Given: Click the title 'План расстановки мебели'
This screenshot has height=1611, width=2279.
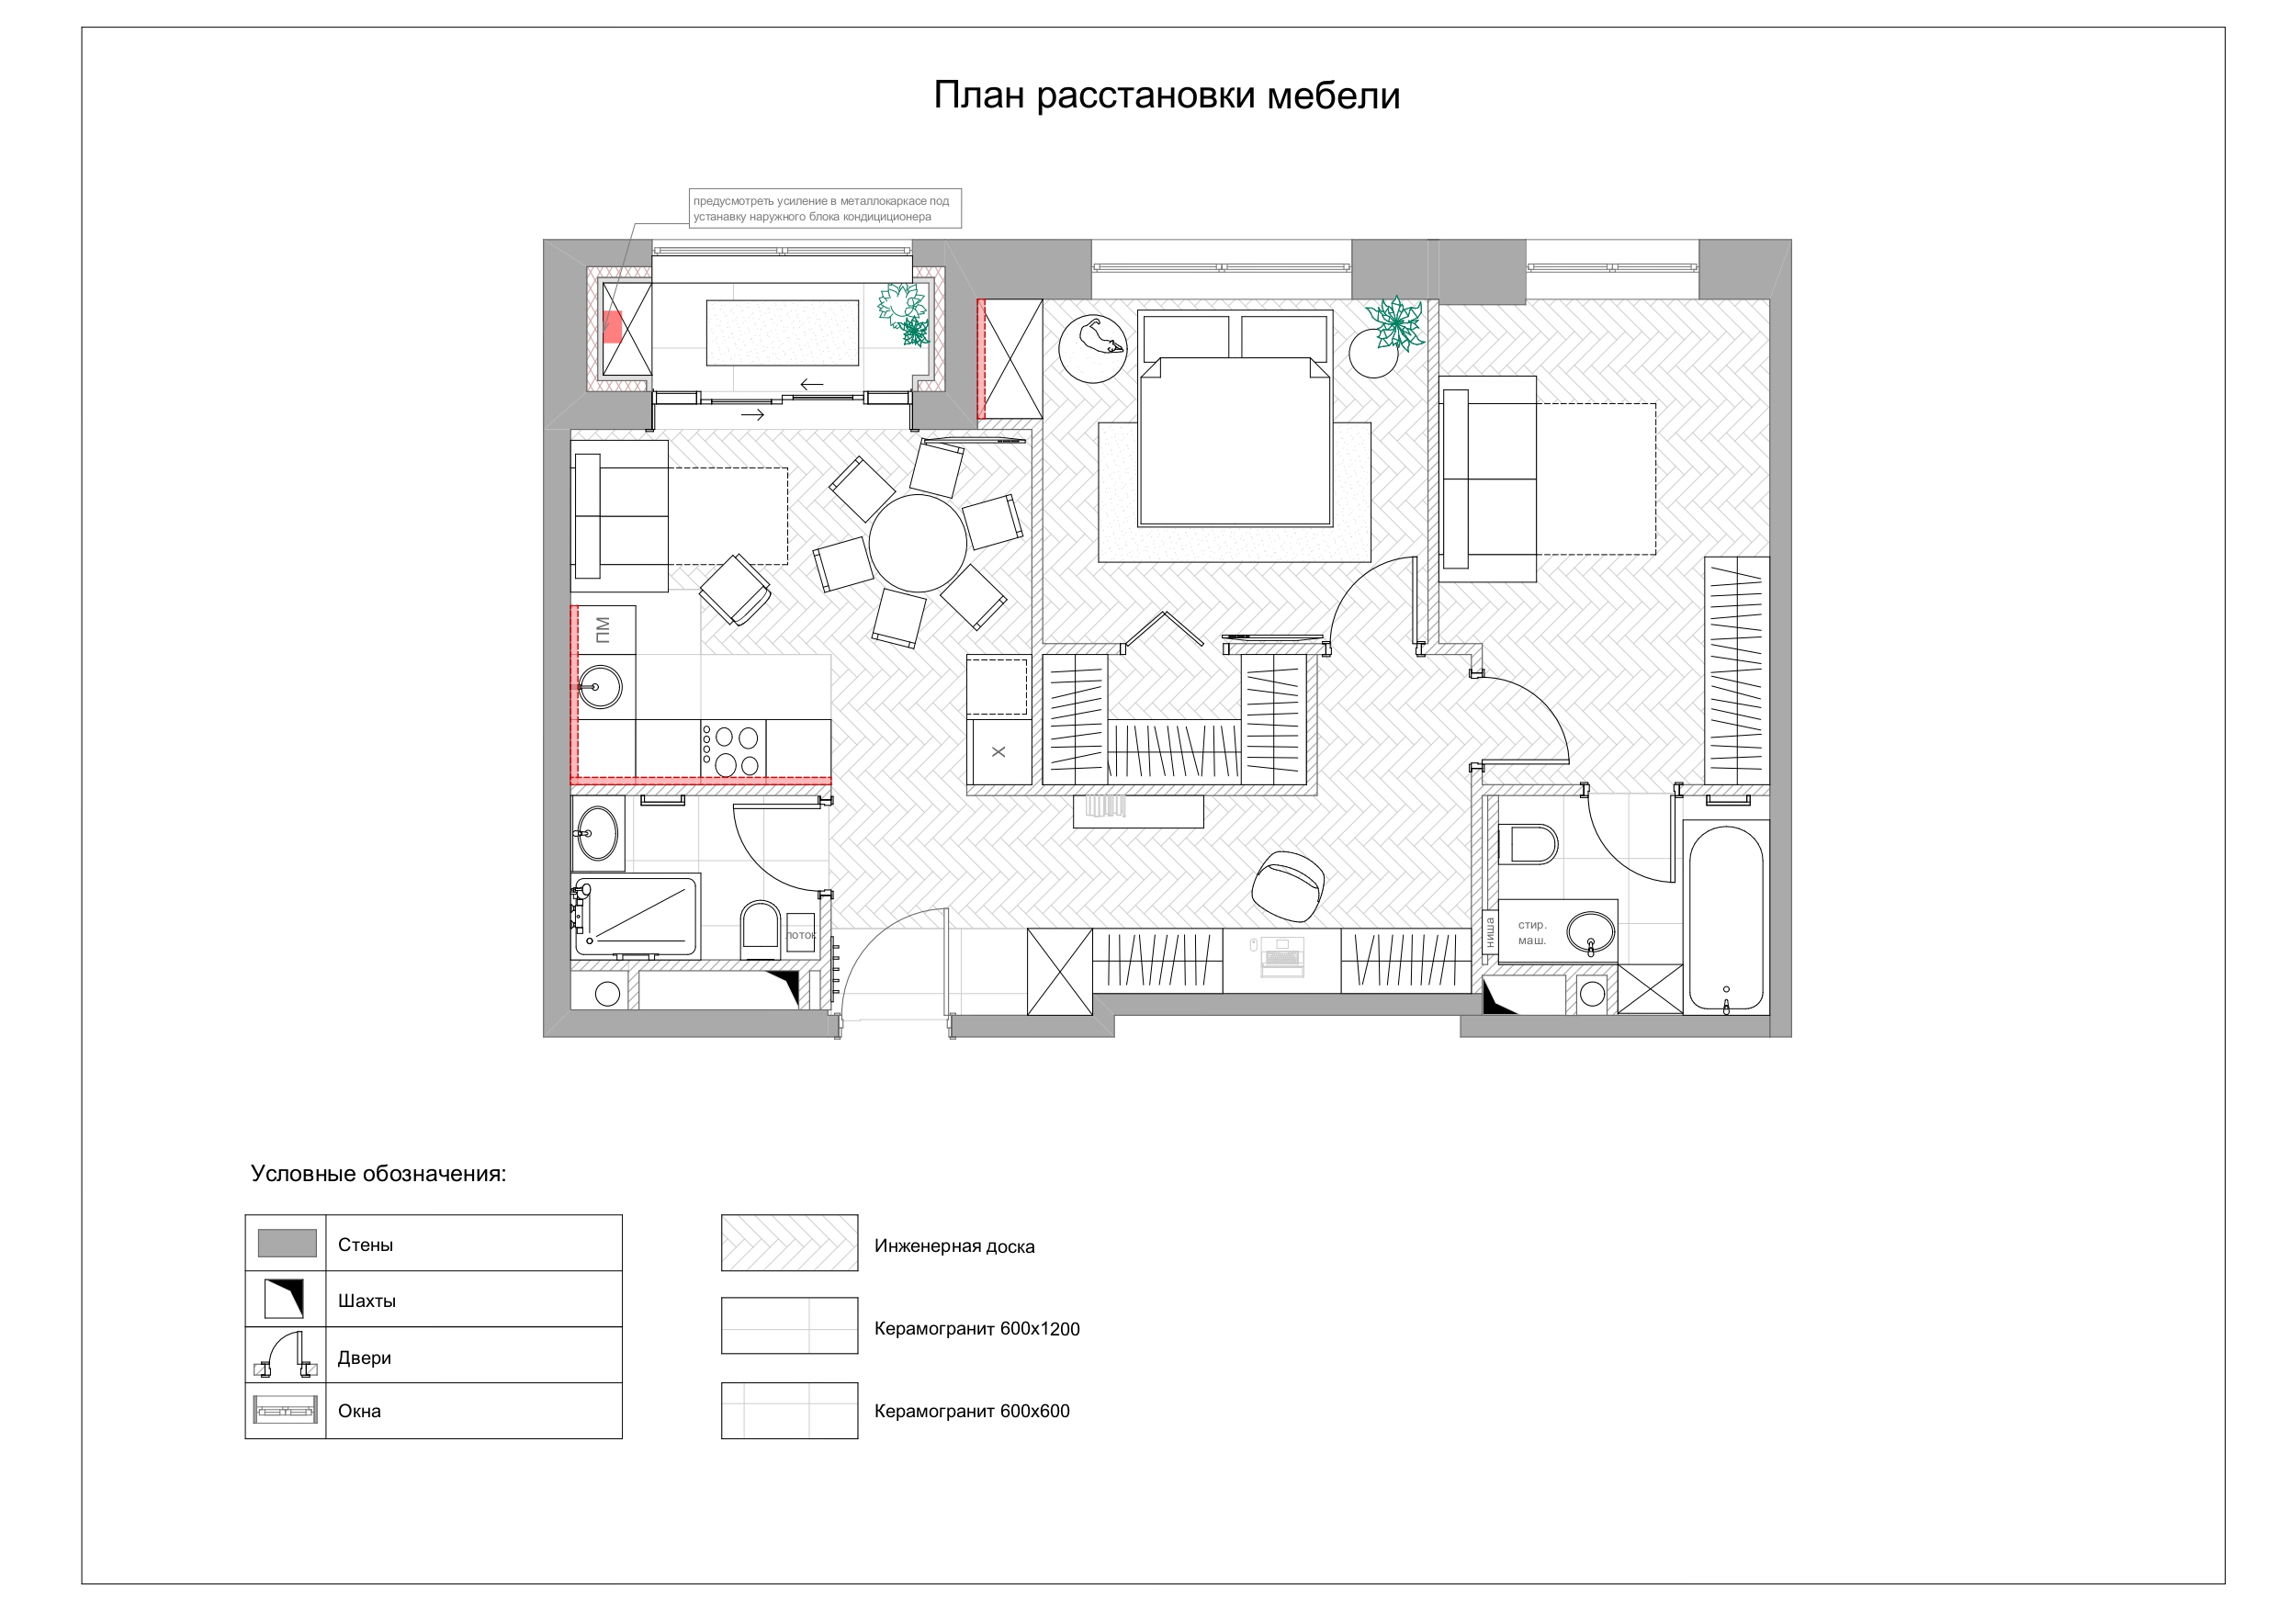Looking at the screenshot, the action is (1167, 96).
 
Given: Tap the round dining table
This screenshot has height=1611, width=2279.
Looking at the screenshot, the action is (917, 544).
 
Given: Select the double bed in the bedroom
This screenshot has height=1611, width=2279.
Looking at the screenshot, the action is (1235, 418).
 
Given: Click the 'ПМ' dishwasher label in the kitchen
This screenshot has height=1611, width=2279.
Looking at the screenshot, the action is (602, 629).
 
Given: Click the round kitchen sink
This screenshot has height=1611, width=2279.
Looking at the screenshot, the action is (600, 687).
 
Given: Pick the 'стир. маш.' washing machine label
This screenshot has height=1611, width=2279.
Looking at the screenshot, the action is (1531, 932).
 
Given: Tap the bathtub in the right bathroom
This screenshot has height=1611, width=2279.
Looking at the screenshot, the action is (1726, 918).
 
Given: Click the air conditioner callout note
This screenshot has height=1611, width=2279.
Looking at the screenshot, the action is (825, 208).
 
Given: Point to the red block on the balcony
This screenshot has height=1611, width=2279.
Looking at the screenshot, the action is (613, 327).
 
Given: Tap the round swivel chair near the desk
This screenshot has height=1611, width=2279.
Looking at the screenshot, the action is (1288, 886).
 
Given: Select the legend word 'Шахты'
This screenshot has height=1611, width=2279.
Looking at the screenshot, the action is (367, 1301).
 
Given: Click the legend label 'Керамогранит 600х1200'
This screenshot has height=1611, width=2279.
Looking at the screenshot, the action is (976, 1329).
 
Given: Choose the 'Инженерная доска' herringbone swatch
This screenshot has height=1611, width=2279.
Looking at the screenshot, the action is (789, 1243).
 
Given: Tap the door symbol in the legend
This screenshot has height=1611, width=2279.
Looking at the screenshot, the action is (286, 1357).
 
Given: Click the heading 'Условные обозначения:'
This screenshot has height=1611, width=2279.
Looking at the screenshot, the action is (378, 1173).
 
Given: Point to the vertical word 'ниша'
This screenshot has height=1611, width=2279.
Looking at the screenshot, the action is (1489, 933).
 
